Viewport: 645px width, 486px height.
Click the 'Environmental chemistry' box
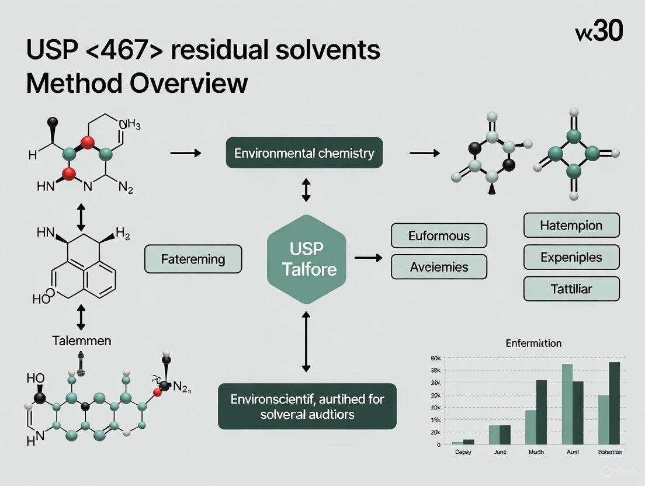point(304,154)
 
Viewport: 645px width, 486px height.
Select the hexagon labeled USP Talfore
point(306,259)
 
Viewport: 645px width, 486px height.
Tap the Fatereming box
point(193,259)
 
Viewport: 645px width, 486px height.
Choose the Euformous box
point(439,237)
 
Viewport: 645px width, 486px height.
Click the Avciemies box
point(439,268)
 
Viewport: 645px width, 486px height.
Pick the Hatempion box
point(571,225)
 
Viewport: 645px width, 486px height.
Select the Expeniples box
point(571,257)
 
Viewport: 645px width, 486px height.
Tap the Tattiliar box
point(571,289)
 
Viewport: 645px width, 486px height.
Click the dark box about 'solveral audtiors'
point(307,407)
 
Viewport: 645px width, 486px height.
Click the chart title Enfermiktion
point(533,343)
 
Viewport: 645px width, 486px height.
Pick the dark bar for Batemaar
point(614,403)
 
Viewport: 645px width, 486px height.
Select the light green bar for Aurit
point(567,404)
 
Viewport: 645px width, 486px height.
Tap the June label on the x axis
point(500,452)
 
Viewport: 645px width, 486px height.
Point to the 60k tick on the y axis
point(435,358)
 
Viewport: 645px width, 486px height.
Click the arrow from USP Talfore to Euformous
point(368,258)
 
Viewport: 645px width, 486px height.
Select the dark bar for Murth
point(542,412)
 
